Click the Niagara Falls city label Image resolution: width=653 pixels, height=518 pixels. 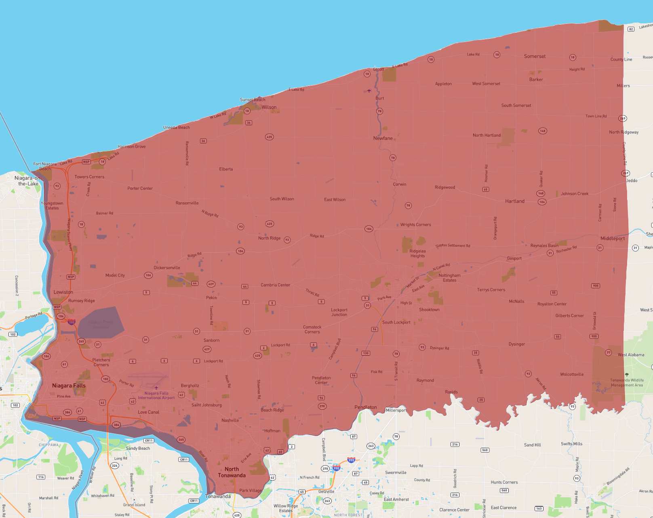(x=69, y=386)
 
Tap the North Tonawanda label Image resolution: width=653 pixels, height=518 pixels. (x=232, y=472)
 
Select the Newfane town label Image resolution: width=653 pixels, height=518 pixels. (x=383, y=138)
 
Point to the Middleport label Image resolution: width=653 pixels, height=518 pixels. (x=612, y=239)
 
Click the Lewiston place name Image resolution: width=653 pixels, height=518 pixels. (x=63, y=292)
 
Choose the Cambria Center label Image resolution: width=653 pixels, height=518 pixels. (x=275, y=285)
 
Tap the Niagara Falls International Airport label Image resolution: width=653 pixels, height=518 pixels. (x=156, y=395)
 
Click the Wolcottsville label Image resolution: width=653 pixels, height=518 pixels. (x=571, y=374)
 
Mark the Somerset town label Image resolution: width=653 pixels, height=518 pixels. (x=535, y=57)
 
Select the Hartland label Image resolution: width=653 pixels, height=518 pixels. (x=514, y=201)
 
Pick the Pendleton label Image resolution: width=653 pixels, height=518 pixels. (x=365, y=407)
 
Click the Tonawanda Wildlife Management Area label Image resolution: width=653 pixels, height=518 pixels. (x=627, y=383)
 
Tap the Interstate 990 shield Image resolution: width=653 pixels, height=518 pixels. (x=351, y=460)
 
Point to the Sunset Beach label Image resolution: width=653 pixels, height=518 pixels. (x=253, y=100)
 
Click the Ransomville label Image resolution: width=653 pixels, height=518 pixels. (x=187, y=203)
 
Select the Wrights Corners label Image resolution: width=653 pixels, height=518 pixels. (x=415, y=225)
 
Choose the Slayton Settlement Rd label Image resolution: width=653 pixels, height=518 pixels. (x=453, y=245)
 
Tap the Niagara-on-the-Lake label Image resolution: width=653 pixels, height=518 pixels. (x=28, y=181)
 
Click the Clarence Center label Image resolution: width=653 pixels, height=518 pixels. (x=454, y=510)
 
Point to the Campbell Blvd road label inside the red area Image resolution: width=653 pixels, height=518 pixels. (x=335, y=349)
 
